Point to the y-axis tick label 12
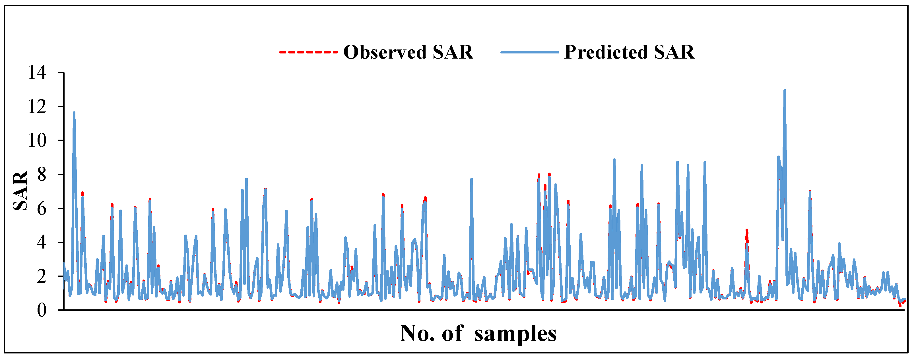[38, 107]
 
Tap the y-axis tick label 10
[38, 141]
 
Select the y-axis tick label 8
[42, 175]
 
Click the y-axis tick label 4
[42, 243]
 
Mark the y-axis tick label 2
[42, 277]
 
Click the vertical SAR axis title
[20, 191]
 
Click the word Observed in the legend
[385, 52]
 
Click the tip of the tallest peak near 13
[785, 90]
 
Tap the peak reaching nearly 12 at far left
[74, 112]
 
